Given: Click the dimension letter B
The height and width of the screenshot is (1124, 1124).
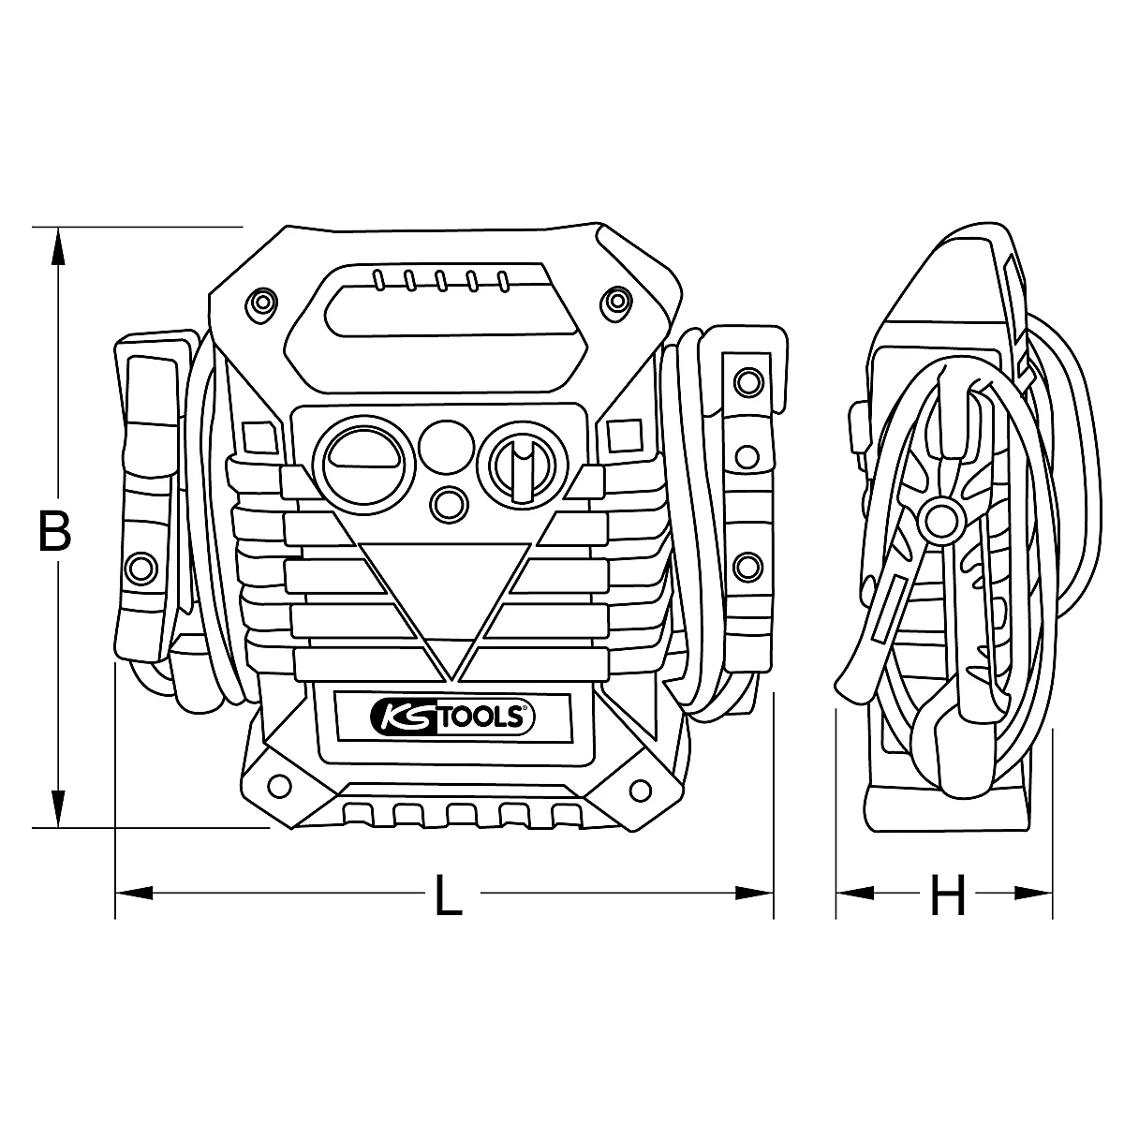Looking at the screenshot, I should (x=55, y=531).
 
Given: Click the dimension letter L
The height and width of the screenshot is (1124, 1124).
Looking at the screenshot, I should (x=450, y=895).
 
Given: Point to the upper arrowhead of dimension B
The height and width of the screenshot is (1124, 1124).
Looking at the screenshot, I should (x=58, y=245).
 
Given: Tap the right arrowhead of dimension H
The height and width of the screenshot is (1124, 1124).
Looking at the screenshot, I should (x=1030, y=893).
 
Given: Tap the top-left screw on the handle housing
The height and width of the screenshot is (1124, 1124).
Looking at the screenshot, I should (x=261, y=301).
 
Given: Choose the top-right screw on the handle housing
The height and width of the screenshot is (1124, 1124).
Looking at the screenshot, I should (x=615, y=301).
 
